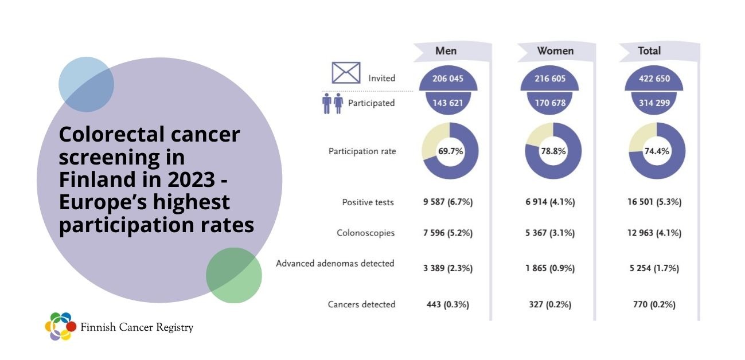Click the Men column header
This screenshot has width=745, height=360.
coord(446,51)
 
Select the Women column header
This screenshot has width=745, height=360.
coord(555,51)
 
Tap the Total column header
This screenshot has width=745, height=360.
coord(649,51)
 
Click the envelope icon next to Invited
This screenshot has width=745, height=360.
coord(346,73)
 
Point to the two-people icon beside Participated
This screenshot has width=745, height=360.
coord(332,103)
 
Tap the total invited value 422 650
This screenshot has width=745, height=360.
coord(654,79)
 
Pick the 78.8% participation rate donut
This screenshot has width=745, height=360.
coord(553,151)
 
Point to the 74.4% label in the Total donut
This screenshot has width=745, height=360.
coord(657,151)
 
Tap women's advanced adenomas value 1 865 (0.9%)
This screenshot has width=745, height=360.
coord(550,268)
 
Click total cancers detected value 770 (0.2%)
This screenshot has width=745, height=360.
coord(654,304)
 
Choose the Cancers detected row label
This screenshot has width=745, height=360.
coord(361,304)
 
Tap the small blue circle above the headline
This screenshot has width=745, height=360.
coord(86,84)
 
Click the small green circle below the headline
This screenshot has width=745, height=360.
coord(234,275)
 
